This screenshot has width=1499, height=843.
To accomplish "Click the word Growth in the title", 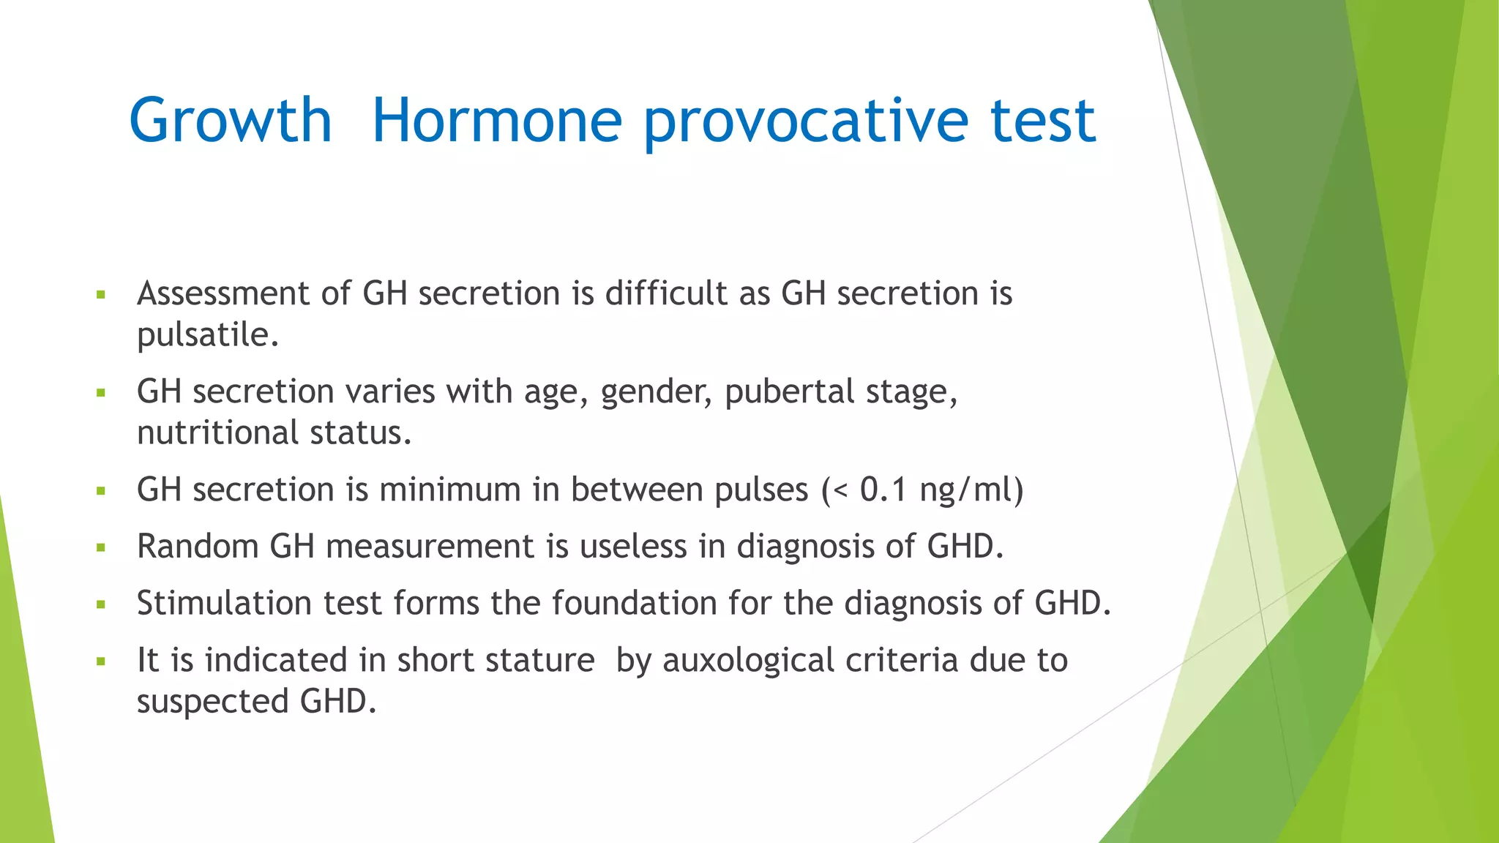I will point(231,120).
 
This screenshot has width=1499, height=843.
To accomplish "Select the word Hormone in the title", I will point(497,120).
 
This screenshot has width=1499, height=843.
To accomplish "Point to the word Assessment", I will point(223,293).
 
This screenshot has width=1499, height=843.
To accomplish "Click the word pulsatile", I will point(208,335).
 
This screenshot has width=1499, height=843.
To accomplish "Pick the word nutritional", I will point(217,432).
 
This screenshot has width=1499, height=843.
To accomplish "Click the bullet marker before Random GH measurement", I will point(101,547).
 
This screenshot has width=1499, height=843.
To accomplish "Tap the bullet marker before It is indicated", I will point(101,662).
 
